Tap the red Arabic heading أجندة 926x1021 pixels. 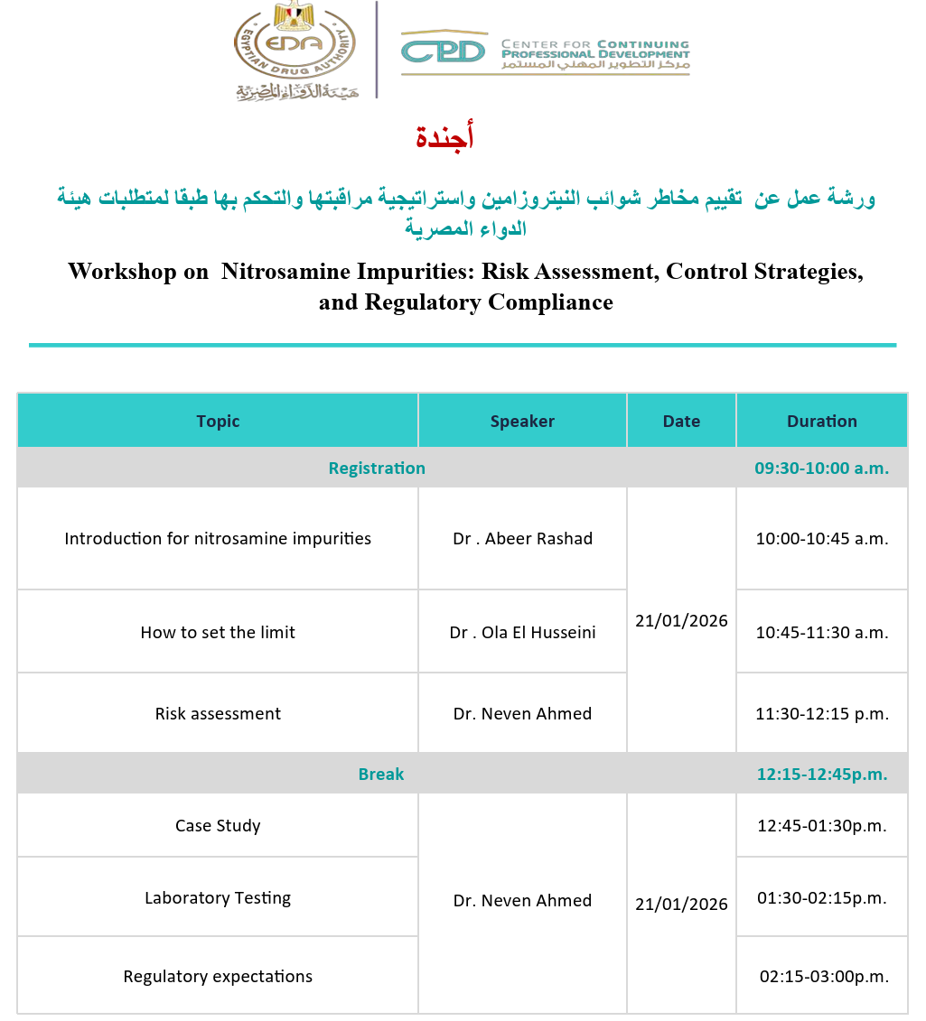[x=444, y=138]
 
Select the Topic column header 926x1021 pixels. [x=218, y=421]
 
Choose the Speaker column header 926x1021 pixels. [x=522, y=421]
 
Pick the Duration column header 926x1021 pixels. [x=821, y=421]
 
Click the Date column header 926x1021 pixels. [x=681, y=421]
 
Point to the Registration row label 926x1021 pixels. [x=377, y=468]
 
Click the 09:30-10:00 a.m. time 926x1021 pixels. [x=821, y=468]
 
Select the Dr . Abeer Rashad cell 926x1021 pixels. [x=522, y=539]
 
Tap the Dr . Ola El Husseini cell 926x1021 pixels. [x=522, y=632]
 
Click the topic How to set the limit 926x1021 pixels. [x=218, y=632]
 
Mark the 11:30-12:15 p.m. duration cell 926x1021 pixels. [x=821, y=713]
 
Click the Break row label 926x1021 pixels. [x=381, y=774]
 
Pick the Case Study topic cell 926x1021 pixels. [x=218, y=825]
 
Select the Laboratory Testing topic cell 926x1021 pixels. [x=218, y=897]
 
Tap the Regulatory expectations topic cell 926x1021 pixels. [x=218, y=976]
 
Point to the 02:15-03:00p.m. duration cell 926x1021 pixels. [x=823, y=976]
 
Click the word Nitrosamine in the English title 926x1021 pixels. [x=285, y=271]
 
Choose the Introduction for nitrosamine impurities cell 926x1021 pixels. [x=218, y=539]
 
